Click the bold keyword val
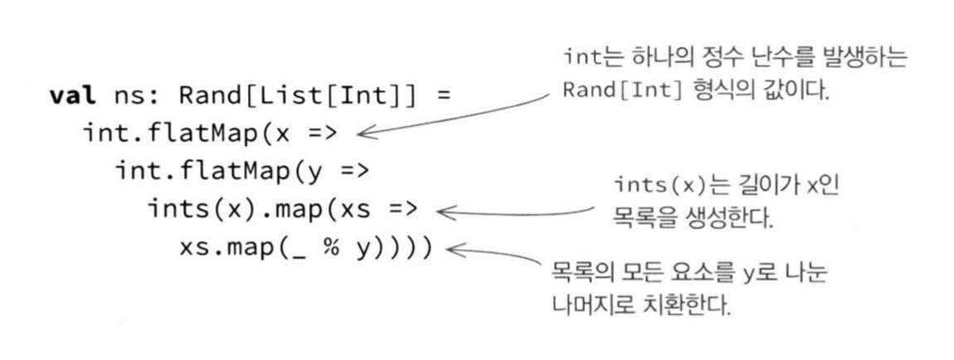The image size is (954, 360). click(x=72, y=95)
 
